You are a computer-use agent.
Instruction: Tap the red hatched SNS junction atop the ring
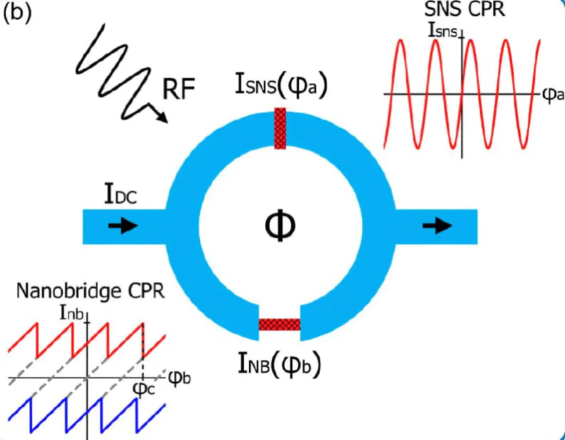(281, 128)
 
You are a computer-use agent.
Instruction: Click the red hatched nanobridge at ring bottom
(279, 324)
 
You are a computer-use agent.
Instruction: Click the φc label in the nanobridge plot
(144, 389)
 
